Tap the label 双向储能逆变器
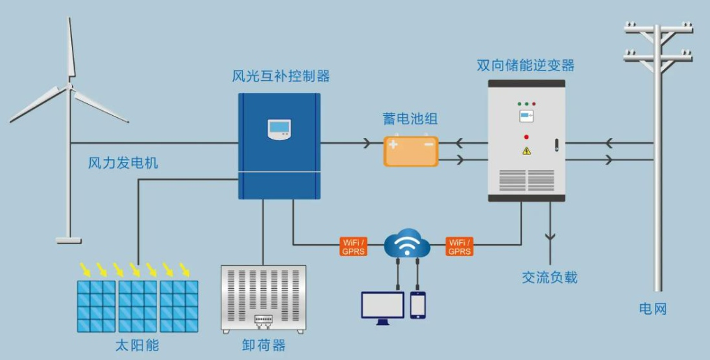(x=525, y=66)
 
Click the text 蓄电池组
(x=411, y=119)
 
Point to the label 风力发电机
(x=123, y=163)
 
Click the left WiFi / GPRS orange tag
(x=353, y=247)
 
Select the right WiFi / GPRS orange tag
(x=459, y=247)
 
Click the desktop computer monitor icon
(x=383, y=306)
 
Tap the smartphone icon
(x=417, y=305)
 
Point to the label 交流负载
(x=549, y=277)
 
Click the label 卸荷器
(x=263, y=345)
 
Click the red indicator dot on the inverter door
(x=526, y=137)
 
